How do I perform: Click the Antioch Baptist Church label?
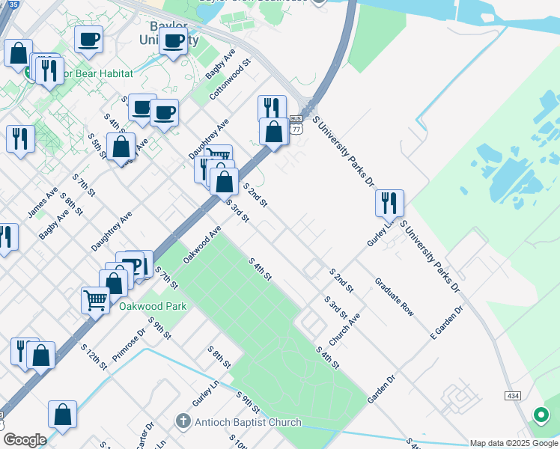click(247, 422)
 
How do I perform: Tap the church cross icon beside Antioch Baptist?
click(183, 421)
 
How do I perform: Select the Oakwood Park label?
click(153, 306)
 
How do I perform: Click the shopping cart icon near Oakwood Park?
click(96, 301)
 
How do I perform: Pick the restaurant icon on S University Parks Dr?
click(389, 203)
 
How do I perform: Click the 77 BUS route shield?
click(296, 124)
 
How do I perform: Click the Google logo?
click(24, 440)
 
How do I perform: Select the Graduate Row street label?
click(395, 296)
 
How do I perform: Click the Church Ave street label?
click(344, 329)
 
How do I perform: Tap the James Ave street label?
click(43, 202)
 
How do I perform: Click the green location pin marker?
click(540, 414)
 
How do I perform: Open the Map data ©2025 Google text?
click(514, 443)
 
